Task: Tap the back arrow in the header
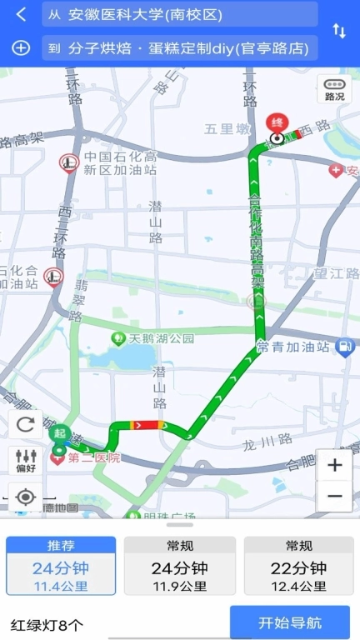22,14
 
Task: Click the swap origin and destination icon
339,31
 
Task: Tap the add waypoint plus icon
22,47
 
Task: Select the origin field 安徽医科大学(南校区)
179,14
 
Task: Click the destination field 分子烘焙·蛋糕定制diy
179,47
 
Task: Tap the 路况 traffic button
334,89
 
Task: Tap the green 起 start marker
59,434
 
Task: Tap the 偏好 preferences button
26,460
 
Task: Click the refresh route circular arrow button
26,424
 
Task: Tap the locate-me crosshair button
26,497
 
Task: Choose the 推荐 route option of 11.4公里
61,566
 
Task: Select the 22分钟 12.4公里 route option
298,566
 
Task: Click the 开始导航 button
290,622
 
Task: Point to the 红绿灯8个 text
47,624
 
